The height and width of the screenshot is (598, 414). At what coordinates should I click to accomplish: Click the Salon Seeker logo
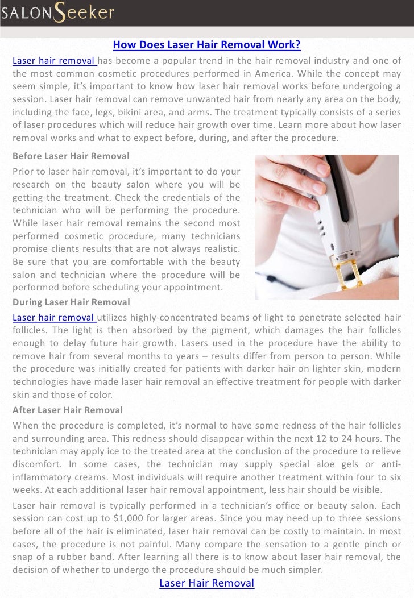(57, 13)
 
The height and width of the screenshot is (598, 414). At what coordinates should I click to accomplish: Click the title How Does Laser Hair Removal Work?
(206, 45)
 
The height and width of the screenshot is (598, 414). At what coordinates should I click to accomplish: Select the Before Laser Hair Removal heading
(71, 156)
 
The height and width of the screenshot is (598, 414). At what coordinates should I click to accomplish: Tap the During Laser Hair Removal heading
(71, 302)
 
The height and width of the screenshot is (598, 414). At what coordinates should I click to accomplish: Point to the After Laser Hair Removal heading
(68, 410)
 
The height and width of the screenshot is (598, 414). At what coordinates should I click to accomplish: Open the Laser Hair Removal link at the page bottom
(206, 583)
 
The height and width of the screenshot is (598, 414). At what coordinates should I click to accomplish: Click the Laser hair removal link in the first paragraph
(55, 61)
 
